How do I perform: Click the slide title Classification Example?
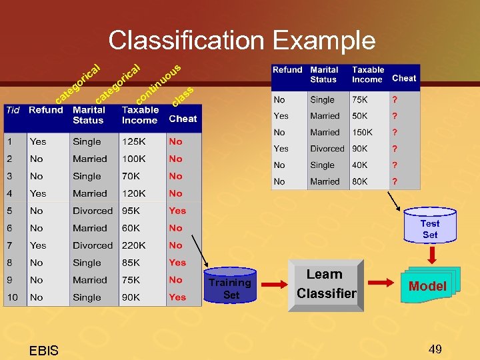point(242,41)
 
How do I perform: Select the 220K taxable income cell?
point(134,245)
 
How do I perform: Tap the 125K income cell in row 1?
point(134,141)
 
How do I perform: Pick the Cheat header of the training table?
point(183,119)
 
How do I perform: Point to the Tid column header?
point(13,110)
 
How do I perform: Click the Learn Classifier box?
point(327,284)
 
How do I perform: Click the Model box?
point(427,286)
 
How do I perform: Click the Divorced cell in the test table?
point(327,149)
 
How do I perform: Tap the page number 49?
point(435,349)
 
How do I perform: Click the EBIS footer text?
point(44,351)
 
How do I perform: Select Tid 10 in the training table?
point(13,297)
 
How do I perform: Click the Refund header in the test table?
point(287,70)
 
